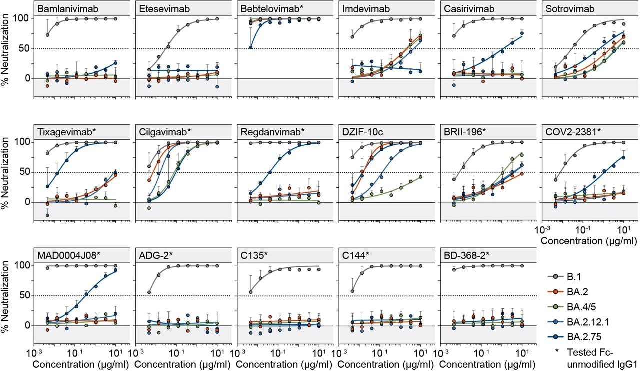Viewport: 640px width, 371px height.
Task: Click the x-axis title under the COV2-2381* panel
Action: (x=583, y=240)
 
